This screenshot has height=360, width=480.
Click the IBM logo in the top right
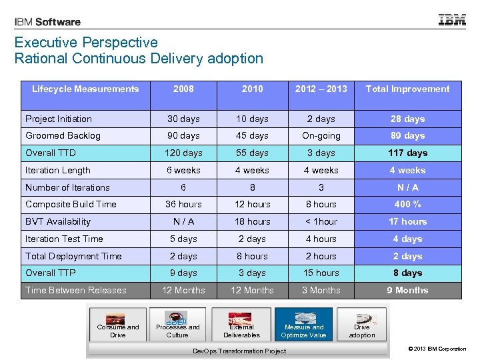(x=452, y=20)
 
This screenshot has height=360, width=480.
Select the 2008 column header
(x=183, y=89)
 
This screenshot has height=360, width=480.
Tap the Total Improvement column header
(x=407, y=89)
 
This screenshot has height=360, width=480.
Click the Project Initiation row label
(x=59, y=119)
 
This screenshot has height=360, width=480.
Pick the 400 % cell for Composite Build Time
(x=407, y=204)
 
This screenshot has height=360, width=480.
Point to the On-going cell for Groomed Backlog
(x=321, y=135)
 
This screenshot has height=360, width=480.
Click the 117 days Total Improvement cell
(x=407, y=153)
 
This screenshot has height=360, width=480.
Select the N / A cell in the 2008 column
(x=183, y=221)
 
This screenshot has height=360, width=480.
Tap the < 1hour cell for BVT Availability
(x=321, y=221)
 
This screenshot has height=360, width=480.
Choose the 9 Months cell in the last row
(x=407, y=290)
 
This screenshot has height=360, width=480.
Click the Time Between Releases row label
(x=75, y=290)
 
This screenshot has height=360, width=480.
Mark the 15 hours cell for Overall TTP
(x=321, y=273)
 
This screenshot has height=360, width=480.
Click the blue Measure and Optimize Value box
(x=303, y=323)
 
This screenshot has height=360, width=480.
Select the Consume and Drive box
(x=117, y=323)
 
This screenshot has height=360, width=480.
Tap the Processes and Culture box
(x=177, y=323)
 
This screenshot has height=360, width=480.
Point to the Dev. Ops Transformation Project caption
(x=239, y=351)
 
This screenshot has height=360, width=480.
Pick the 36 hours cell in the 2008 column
(x=183, y=204)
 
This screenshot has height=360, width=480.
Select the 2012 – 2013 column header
(x=321, y=89)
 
